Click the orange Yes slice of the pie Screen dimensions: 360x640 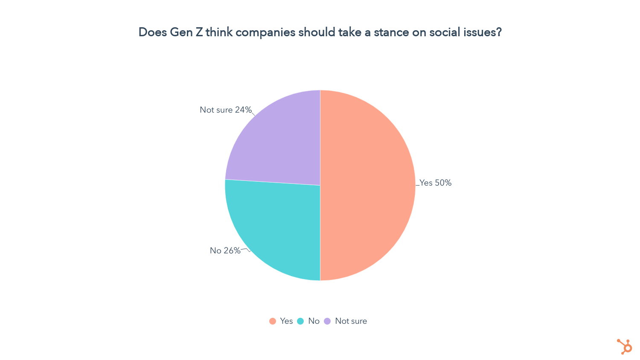[367, 185]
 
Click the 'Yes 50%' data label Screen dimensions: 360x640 [435, 183]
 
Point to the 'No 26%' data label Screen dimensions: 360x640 [225, 251]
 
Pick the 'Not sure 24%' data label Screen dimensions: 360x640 [226, 110]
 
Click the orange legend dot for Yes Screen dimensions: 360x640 [273, 321]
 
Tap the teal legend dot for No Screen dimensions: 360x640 [300, 321]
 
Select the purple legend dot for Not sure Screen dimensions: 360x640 [327, 321]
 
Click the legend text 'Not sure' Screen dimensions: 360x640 [351, 321]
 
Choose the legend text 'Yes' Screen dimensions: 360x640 [286, 321]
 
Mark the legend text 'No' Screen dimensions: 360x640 [314, 321]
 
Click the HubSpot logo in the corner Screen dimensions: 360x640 [625, 346]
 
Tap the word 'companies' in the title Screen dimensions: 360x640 [265, 32]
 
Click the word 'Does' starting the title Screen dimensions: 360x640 [152, 32]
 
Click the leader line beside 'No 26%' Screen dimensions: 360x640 [246, 249]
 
